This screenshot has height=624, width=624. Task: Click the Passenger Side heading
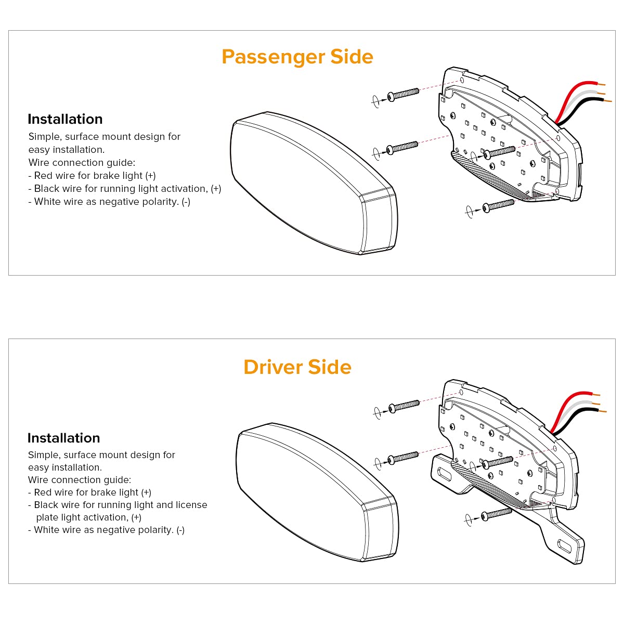coord(297,57)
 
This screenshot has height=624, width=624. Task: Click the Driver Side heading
coord(297,367)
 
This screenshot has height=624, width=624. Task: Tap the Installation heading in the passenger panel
coord(65,119)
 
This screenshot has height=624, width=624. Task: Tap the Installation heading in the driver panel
coord(63,438)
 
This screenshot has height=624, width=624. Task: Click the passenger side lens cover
coord(312,182)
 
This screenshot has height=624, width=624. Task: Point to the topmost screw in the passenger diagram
coord(404,94)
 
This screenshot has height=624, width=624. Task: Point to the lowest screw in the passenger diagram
coord(498,205)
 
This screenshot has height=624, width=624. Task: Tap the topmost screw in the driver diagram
coord(404,406)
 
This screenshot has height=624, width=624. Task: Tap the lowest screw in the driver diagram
coord(497,515)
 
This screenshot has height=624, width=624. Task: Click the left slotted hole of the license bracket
coord(445,474)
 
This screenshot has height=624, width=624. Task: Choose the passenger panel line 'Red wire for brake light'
coord(92,176)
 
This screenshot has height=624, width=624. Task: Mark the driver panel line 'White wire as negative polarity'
coord(106,530)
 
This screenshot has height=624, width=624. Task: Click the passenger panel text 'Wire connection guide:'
coord(82,163)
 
